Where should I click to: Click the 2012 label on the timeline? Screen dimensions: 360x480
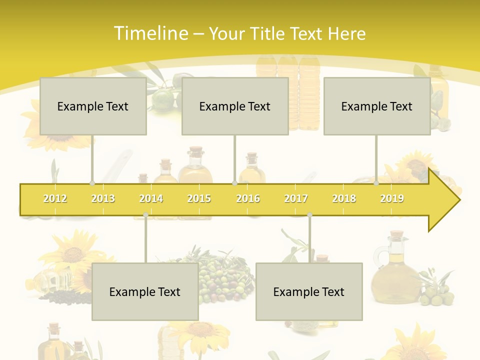tap(55, 199)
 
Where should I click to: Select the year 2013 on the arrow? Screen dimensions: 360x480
tap(103, 199)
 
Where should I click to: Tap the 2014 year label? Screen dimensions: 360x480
tap(151, 199)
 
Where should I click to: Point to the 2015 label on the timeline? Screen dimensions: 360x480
tap(199, 199)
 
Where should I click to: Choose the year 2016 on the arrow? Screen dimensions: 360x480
tap(248, 199)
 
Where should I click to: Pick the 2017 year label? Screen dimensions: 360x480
tap(296, 199)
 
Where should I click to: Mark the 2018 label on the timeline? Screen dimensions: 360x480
tap(344, 199)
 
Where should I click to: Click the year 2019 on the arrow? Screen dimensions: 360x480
tap(392, 199)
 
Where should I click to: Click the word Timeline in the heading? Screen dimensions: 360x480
tap(150, 33)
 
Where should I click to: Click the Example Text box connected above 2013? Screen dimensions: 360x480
tap(93, 106)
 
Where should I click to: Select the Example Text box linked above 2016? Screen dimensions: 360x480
tap(235, 106)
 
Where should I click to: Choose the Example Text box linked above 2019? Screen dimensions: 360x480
tap(377, 106)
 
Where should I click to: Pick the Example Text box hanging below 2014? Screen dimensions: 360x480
tap(145, 291)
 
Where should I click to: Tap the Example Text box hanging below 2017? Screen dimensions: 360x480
tap(309, 291)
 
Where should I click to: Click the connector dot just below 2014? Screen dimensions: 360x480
tap(145, 215)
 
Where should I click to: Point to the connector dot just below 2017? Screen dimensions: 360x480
tap(309, 215)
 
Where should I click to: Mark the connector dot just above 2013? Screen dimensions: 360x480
tap(92, 183)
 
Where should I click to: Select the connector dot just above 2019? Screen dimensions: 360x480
tap(376, 183)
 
